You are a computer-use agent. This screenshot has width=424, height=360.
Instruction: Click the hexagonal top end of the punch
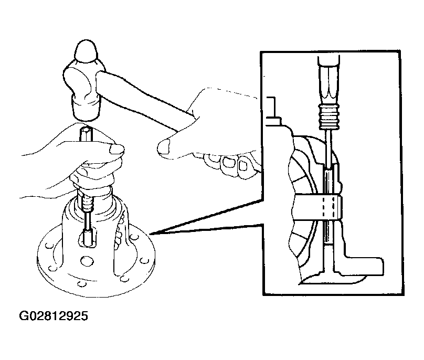(x=86, y=133)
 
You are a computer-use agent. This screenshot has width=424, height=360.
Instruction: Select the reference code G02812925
(x=54, y=316)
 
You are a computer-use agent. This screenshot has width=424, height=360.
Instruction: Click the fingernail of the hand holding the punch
(x=116, y=149)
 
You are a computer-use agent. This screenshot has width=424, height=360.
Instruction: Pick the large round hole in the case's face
(x=86, y=260)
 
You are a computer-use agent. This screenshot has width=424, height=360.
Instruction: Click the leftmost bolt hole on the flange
(x=48, y=246)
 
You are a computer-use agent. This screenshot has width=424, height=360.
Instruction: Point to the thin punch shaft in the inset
(x=328, y=148)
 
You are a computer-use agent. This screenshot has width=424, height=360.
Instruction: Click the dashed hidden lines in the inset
(x=329, y=207)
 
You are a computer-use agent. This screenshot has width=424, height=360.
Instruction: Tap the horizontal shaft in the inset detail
(x=317, y=207)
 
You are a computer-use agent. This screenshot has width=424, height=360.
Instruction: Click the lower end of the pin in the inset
(x=329, y=244)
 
